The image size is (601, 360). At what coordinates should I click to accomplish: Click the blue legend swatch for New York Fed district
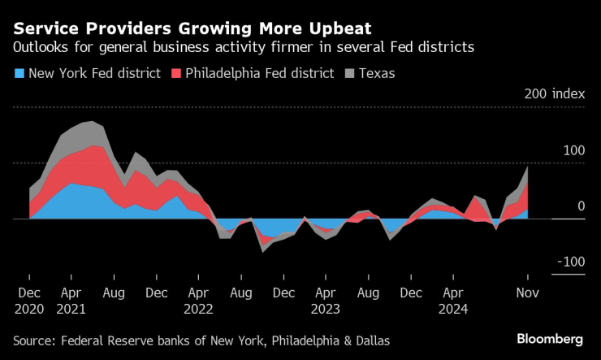tap(19, 74)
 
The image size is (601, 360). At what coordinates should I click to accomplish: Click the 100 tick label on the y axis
tap(573, 150)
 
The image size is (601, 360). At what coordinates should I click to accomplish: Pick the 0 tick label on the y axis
tap(580, 206)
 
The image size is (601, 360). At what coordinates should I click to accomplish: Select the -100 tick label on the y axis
tap(570, 262)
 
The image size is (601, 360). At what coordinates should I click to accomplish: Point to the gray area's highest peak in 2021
tap(93, 121)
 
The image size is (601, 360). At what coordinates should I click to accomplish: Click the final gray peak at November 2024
tap(528, 167)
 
